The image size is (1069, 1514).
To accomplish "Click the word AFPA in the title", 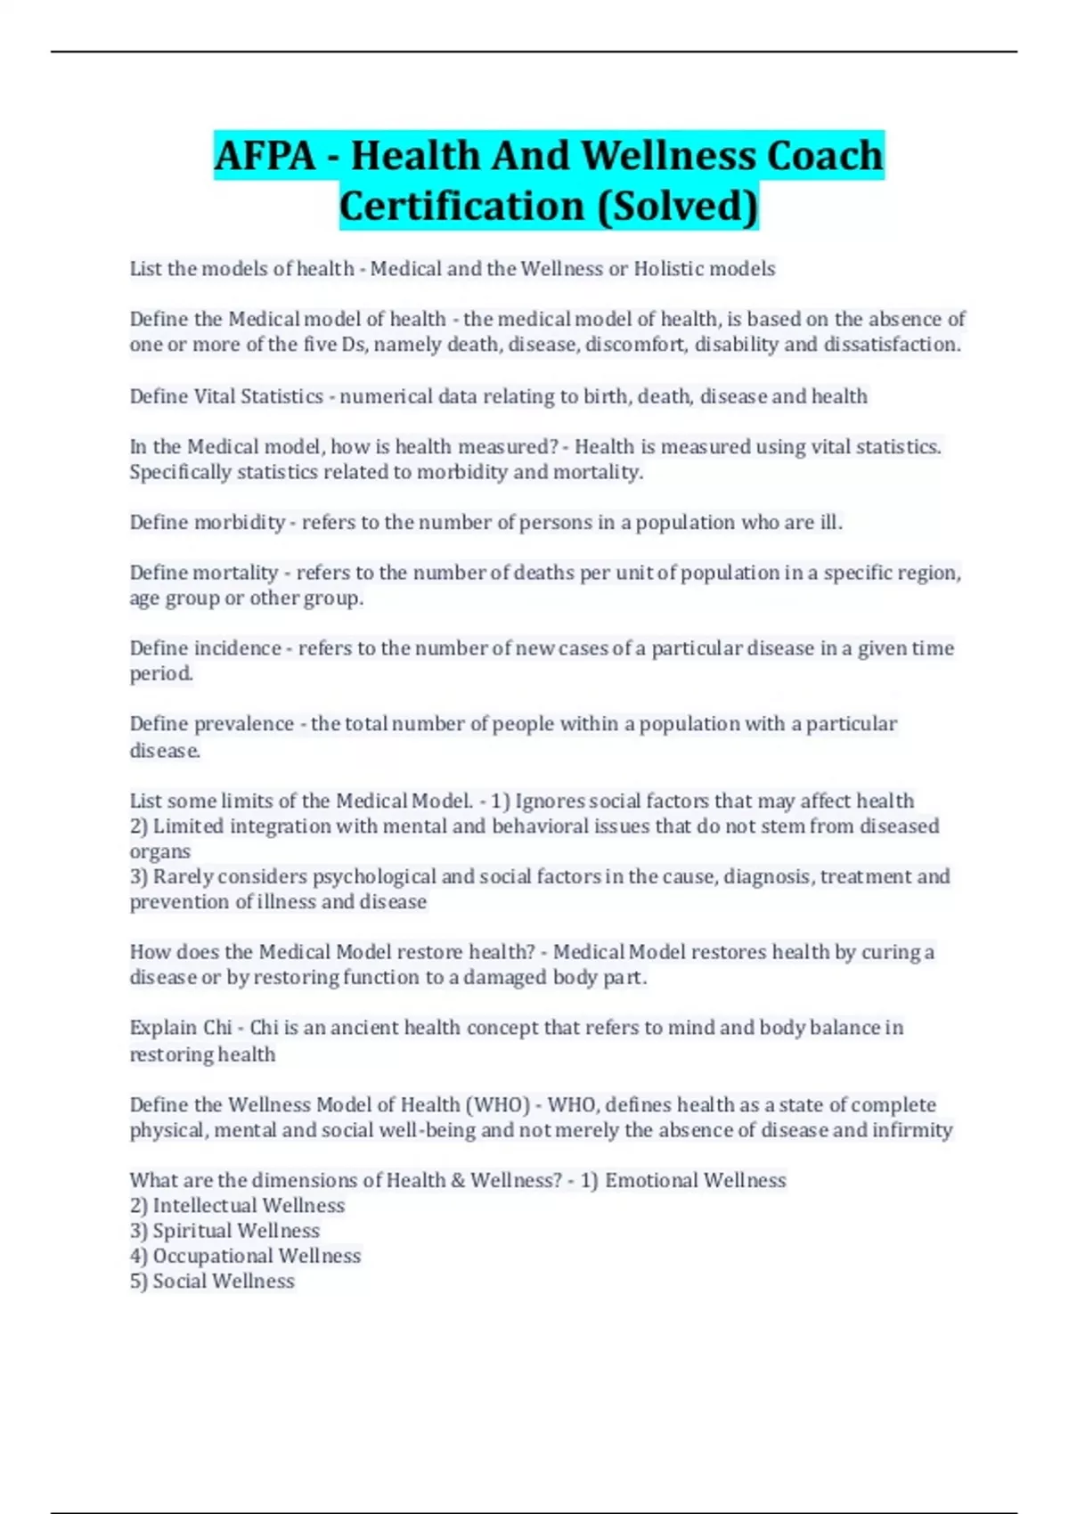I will point(265,156).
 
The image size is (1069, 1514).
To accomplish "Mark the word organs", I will point(159,852).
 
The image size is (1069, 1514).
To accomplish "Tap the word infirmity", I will point(912,1130).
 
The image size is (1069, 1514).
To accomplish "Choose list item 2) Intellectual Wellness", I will point(237,1206).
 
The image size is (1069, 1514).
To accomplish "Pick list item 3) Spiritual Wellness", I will point(224,1231).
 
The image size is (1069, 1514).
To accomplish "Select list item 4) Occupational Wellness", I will point(245,1256).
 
